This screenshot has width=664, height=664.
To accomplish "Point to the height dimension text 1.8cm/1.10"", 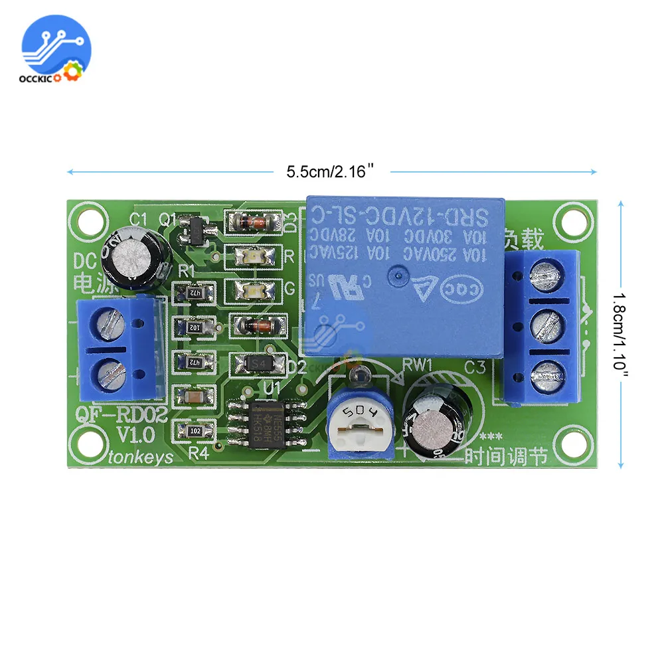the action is pyautogui.click(x=621, y=335).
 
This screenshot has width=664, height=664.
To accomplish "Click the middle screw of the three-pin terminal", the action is pyautogui.click(x=547, y=325).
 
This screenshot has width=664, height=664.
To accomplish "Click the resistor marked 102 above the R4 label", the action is pyautogui.click(x=195, y=431).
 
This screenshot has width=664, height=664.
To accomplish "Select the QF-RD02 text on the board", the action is pyautogui.click(x=114, y=415).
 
